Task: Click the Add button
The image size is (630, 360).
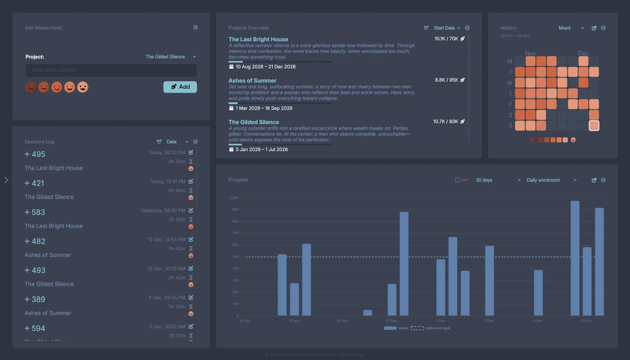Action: click(180, 87)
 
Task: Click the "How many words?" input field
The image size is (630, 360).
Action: click(111, 70)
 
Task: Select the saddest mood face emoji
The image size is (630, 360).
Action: click(31, 87)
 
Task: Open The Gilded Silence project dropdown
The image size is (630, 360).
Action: click(171, 57)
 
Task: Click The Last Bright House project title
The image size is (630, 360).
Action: click(258, 39)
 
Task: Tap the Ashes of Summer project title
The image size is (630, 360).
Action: click(252, 81)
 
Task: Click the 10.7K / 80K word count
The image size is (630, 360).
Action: click(445, 121)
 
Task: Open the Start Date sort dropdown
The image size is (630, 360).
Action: click(446, 28)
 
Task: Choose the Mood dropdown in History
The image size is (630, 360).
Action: click(571, 28)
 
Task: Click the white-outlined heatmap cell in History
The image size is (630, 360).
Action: click(594, 126)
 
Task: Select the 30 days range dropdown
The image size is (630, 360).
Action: click(498, 180)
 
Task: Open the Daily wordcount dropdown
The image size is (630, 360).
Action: click(551, 180)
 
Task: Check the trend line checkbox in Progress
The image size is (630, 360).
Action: click(457, 180)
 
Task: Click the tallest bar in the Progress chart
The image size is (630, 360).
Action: click(575, 258)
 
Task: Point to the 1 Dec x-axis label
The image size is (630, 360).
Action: click(440, 321)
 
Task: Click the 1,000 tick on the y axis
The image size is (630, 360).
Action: click(234, 198)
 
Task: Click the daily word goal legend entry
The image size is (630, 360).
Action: click(431, 328)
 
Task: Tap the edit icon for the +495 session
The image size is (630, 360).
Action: click(191, 153)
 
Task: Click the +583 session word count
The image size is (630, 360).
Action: click(35, 212)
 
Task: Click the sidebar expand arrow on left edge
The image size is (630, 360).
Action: click(6, 180)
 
